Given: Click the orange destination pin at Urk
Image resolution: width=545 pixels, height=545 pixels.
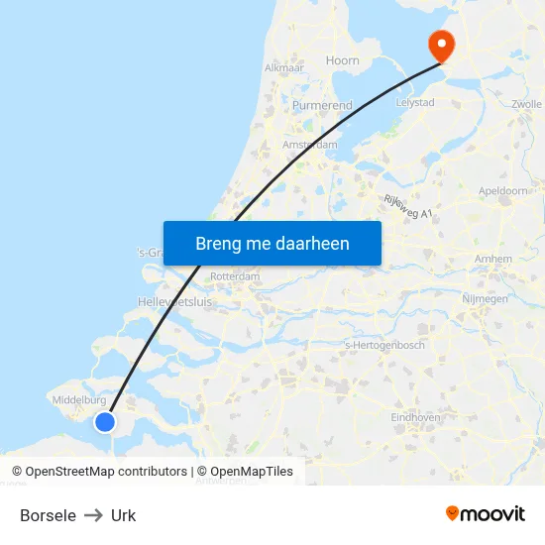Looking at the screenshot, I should pyautogui.click(x=439, y=44).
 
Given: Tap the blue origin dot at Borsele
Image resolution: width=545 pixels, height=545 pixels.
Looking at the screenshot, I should pyautogui.click(x=104, y=422).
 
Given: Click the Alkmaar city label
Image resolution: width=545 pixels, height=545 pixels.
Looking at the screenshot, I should pyautogui.click(x=283, y=68).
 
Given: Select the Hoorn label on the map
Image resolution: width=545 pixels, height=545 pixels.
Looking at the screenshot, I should pyautogui.click(x=343, y=60).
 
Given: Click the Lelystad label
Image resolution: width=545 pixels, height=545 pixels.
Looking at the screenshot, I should pyautogui.click(x=415, y=102).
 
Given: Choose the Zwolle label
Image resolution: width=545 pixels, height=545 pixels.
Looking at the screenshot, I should pyautogui.click(x=527, y=104).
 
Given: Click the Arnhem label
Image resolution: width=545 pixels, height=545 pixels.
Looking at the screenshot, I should pyautogui.click(x=493, y=259).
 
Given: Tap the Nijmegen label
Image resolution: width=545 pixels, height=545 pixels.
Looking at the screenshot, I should pyautogui.click(x=485, y=298).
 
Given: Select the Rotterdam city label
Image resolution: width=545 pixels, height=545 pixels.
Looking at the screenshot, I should pyautogui.click(x=235, y=276).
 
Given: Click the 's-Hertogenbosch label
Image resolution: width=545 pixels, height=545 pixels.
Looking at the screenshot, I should pyautogui.click(x=383, y=345).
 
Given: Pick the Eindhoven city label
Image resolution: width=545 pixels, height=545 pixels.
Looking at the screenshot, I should pyautogui.click(x=415, y=418).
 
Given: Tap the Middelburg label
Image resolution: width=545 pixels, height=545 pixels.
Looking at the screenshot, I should pyautogui.click(x=77, y=400).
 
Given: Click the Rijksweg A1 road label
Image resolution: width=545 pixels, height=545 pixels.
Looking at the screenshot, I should pyautogui.click(x=408, y=206).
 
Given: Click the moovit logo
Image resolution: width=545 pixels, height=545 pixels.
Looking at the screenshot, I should pyautogui.click(x=486, y=514).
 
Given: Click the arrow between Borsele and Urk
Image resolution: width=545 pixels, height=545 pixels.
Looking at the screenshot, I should pyautogui.click(x=93, y=515).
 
